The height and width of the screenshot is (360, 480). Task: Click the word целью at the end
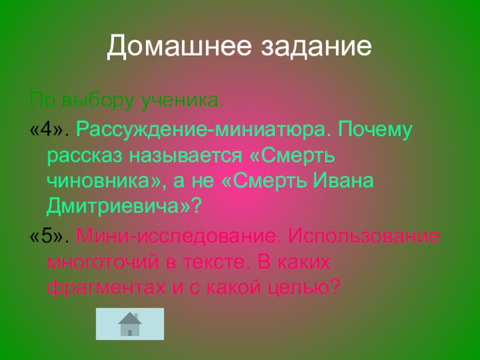(x=305, y=288)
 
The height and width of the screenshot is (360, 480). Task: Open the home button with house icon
(x=130, y=324)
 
